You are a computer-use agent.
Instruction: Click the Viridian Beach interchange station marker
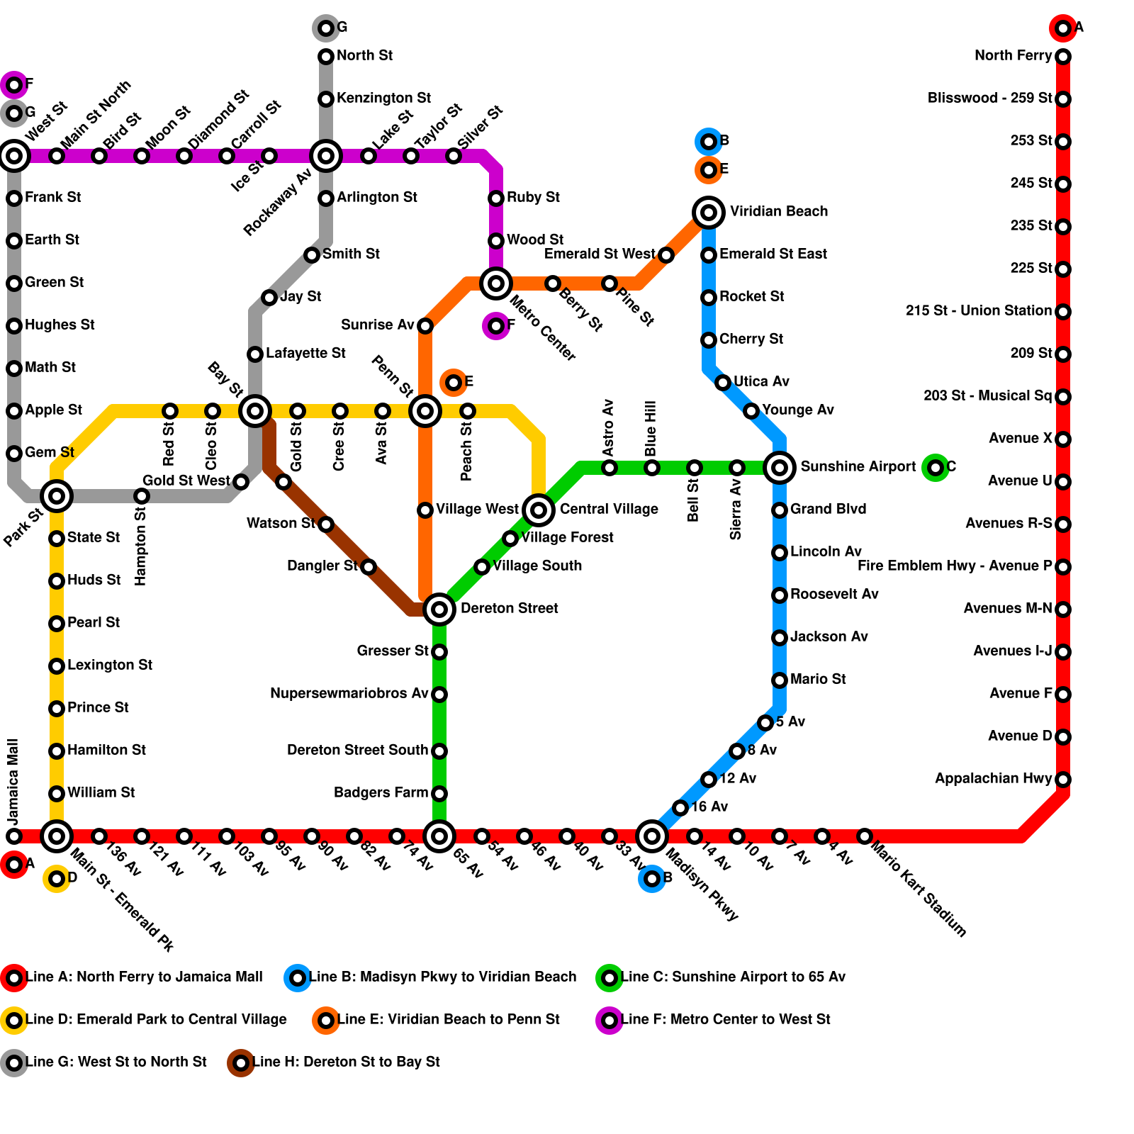click(709, 212)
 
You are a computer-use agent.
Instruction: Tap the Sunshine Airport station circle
click(780, 467)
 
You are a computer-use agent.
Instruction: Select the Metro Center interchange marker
click(496, 283)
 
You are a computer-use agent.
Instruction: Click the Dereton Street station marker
click(439, 609)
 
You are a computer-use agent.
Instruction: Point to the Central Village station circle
click(539, 509)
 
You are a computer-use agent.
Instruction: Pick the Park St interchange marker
click(57, 495)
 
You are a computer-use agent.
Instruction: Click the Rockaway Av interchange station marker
click(326, 155)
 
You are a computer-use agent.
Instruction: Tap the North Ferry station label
click(1013, 56)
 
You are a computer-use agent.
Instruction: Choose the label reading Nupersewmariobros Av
click(349, 693)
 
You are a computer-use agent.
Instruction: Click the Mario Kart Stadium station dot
click(865, 836)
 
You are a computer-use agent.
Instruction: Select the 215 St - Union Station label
click(978, 310)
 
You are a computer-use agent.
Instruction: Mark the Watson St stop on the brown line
click(326, 524)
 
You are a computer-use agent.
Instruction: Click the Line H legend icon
click(241, 1062)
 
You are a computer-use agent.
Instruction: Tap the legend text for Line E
click(449, 1019)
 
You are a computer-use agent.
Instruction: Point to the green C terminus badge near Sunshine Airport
click(936, 467)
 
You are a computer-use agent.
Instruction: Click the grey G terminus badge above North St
click(326, 28)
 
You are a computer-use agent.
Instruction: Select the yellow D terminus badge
click(57, 879)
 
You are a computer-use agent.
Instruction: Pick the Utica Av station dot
click(723, 383)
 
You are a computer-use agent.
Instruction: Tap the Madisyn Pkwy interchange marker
click(652, 836)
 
